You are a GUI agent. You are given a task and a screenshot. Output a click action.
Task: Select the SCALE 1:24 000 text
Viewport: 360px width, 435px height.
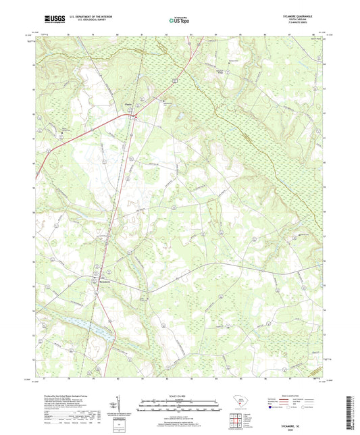tap(180, 396)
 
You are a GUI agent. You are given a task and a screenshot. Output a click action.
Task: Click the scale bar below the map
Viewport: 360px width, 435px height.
tap(180, 407)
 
